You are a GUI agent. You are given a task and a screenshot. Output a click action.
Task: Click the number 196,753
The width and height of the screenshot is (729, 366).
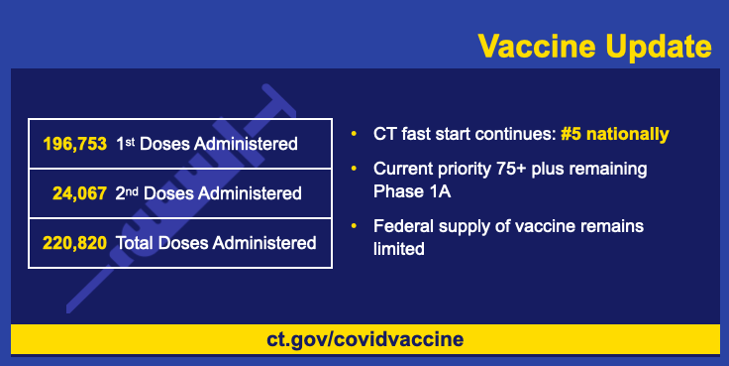75,144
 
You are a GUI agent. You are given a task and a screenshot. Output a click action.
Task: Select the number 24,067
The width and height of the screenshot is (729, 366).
79,193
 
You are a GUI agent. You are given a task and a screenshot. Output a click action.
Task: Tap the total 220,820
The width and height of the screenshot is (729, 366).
75,243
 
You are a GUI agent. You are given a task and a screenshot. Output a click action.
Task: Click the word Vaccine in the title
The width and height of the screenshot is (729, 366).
538,46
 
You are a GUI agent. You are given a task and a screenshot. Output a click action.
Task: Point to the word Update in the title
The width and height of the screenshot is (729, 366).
659,48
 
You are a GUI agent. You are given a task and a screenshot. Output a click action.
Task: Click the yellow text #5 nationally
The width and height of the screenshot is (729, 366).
615,134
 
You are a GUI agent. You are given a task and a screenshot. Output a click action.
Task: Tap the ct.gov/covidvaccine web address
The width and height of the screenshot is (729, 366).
364,339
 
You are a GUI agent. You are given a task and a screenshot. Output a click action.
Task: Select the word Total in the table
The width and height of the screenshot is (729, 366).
135,243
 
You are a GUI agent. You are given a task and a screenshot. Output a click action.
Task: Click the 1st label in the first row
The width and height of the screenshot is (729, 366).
126,144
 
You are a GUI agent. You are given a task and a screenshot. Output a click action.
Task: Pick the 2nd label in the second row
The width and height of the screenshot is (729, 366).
127,192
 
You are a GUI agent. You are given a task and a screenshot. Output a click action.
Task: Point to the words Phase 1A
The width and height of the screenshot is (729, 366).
412,191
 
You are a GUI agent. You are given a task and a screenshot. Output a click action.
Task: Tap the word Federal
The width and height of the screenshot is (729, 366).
403,226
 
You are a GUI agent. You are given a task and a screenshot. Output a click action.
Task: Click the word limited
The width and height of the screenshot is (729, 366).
399,249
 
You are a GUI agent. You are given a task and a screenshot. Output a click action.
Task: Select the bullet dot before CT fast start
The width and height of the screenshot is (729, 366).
354,134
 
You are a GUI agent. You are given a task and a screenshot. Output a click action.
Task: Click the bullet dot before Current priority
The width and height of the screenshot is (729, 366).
354,169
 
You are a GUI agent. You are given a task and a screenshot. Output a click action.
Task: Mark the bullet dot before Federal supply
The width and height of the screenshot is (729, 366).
354,226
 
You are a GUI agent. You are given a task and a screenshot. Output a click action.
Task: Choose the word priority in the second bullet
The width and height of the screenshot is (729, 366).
465,170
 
